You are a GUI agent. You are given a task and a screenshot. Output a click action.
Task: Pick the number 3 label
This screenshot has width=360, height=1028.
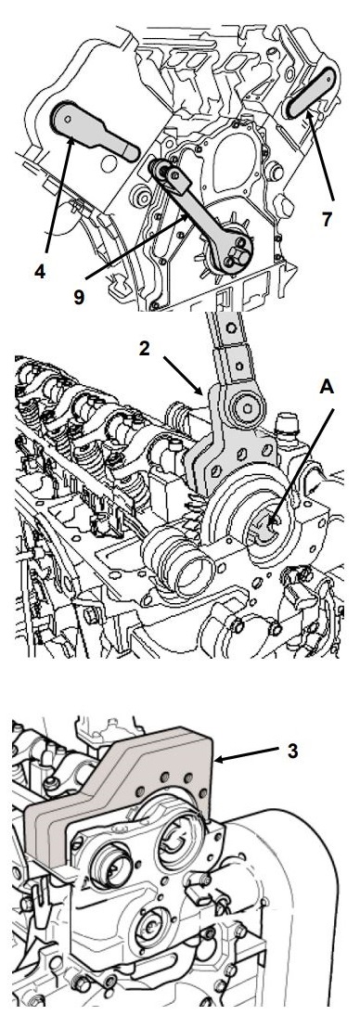(x=292, y=750)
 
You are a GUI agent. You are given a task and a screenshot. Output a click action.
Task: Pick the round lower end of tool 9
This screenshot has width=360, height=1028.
(x=234, y=252)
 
